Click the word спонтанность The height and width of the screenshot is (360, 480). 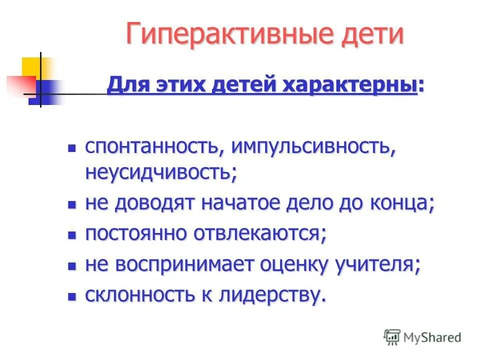149,148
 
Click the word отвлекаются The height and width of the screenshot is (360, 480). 264,234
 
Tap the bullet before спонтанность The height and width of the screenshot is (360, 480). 72,148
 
